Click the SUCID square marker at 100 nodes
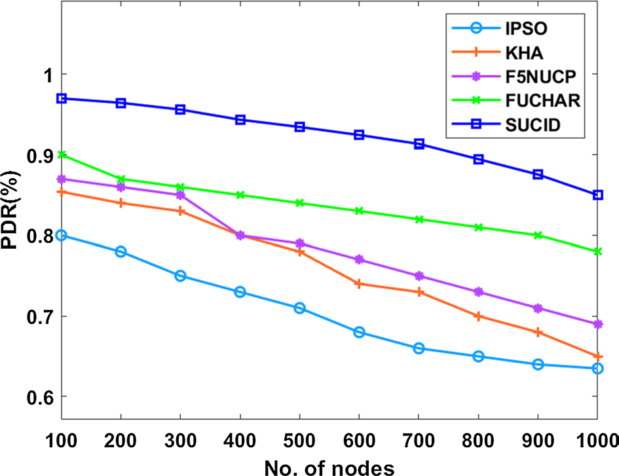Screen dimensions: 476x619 (x=62, y=98)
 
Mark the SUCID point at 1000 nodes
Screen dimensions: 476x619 (x=597, y=195)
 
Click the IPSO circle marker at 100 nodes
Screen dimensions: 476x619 (x=62, y=236)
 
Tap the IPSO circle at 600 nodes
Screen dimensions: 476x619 (x=359, y=333)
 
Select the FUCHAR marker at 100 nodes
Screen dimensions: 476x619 (x=62, y=155)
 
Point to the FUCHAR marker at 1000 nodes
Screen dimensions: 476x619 (x=597, y=251)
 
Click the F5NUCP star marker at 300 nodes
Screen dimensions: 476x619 (x=180, y=195)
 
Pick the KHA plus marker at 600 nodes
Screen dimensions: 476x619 (x=359, y=284)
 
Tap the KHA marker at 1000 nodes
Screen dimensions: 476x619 (x=597, y=357)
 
